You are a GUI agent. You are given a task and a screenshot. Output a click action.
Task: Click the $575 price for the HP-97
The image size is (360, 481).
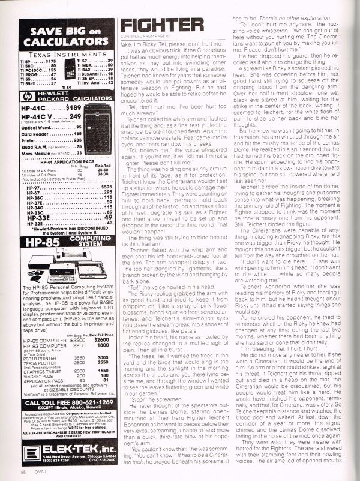point(104,187)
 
